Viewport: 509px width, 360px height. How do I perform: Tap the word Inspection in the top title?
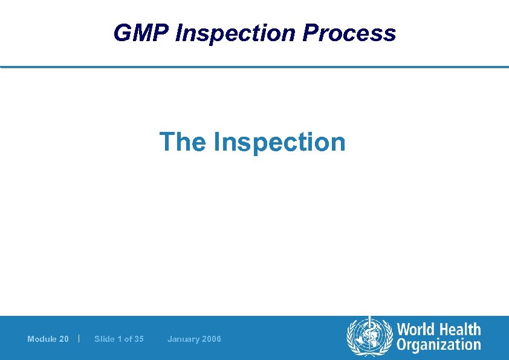tap(235, 33)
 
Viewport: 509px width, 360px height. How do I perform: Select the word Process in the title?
tap(349, 33)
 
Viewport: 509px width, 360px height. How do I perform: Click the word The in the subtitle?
tap(183, 142)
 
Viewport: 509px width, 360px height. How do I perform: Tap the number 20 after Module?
tap(64, 339)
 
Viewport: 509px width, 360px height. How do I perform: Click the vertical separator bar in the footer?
tap(80, 338)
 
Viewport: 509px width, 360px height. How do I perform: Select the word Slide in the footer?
tap(104, 339)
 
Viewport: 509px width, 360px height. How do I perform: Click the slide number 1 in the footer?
tap(119, 339)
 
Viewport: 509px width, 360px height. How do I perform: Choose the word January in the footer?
tap(183, 339)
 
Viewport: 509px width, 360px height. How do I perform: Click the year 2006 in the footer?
tap(212, 339)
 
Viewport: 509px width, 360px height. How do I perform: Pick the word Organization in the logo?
tap(438, 345)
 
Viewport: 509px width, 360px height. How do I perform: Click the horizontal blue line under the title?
tap(254, 67)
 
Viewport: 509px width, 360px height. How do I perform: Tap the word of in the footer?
tap(128, 339)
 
